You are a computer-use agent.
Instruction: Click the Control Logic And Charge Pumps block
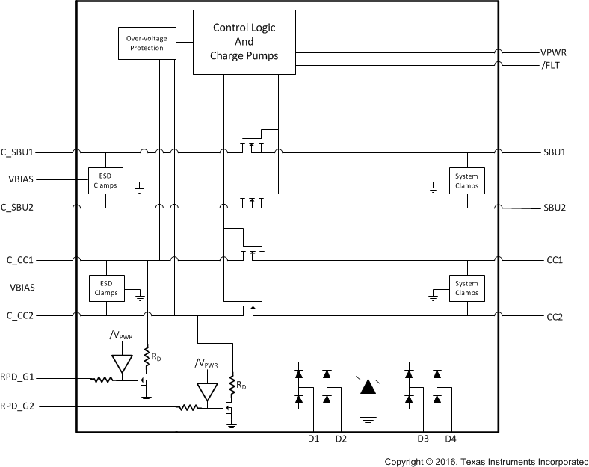pos(244,42)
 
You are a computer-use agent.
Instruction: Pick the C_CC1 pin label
pos(22,261)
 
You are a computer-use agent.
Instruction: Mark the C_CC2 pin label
pos(22,316)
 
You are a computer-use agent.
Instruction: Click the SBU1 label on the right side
pos(554,152)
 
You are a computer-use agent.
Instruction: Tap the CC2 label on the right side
pos(555,317)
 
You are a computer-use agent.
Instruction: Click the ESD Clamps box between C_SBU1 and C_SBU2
pos(105,180)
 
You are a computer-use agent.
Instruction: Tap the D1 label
pos(313,438)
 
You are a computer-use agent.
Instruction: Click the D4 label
pos(451,438)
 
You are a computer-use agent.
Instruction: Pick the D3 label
pos(423,438)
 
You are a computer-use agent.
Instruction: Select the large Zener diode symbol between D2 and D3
pos(368,386)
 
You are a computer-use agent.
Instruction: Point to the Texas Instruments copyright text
pos(486,461)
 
